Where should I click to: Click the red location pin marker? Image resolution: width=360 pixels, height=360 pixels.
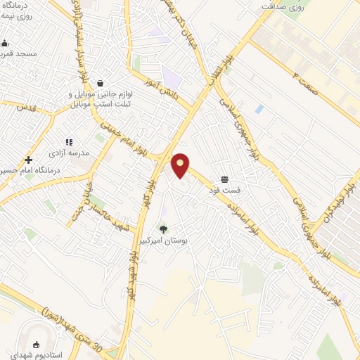[181, 165]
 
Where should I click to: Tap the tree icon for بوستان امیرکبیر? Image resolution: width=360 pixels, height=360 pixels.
[164, 229]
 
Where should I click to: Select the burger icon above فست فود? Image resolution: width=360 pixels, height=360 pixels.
[224, 180]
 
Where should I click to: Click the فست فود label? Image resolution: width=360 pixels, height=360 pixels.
[224, 190]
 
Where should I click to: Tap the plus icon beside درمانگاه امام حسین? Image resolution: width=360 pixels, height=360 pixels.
[28, 160]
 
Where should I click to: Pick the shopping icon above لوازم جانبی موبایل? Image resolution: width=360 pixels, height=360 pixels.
[100, 83]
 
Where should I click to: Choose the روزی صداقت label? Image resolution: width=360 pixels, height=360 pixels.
[285, 6]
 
